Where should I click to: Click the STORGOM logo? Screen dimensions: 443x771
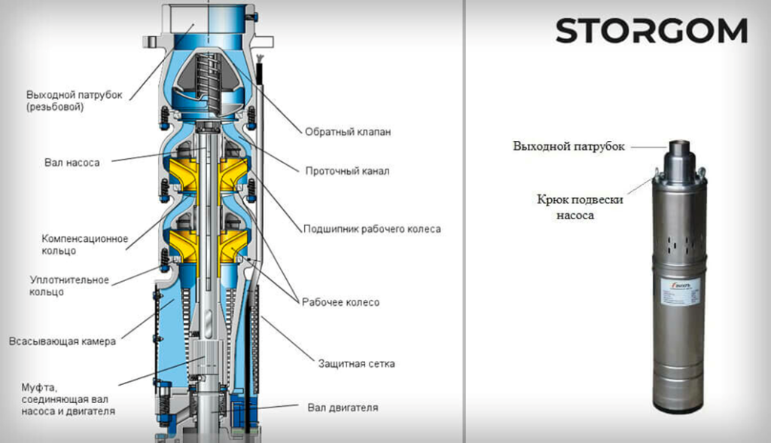(x=651, y=32)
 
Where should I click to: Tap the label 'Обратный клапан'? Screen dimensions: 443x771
(x=347, y=132)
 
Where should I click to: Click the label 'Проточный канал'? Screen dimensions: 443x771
(x=346, y=171)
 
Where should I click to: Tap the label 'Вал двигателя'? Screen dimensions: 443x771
(x=343, y=408)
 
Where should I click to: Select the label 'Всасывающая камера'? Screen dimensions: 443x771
(x=62, y=341)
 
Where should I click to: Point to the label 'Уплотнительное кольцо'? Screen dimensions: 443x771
(x=69, y=286)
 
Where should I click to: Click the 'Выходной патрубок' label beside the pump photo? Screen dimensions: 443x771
(x=568, y=146)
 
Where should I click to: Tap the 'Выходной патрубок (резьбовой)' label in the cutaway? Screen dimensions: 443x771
(x=74, y=101)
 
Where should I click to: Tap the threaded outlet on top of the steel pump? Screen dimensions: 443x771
(x=680, y=147)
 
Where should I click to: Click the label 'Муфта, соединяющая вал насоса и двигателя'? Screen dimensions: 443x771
(x=69, y=399)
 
